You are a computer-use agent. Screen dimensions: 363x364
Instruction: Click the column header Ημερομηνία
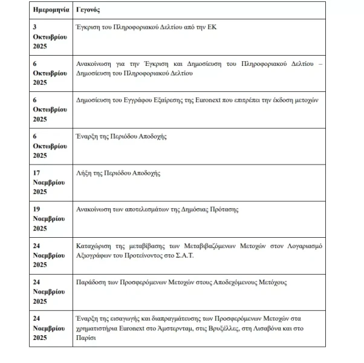tap(51, 11)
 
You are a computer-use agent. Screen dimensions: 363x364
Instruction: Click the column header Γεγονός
tap(88, 11)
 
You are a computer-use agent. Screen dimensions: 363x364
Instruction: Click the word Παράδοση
tap(93, 282)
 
